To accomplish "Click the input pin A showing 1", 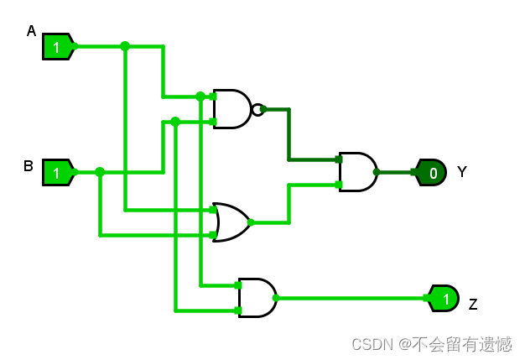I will [x=57, y=47].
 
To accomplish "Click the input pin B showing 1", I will [x=57, y=173].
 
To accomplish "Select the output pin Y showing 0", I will [x=431, y=173].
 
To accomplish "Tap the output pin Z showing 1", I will [x=444, y=298].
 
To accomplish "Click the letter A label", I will [x=31, y=31].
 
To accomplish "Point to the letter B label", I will [x=29, y=166].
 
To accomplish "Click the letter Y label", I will [x=461, y=172].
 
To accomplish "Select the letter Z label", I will [x=473, y=305].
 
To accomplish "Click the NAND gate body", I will [x=231, y=109].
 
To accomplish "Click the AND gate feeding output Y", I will [x=357, y=172].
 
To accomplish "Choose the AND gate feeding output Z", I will [x=257, y=298].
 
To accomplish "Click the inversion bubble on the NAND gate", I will [x=257, y=109].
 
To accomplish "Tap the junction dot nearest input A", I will [x=125, y=46].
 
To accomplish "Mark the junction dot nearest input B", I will [x=100, y=172].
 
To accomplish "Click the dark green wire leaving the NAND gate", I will [x=288, y=134].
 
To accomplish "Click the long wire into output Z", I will [x=352, y=298].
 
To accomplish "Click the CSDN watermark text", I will [x=431, y=344].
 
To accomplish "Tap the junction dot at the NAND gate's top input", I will [x=200, y=97].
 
